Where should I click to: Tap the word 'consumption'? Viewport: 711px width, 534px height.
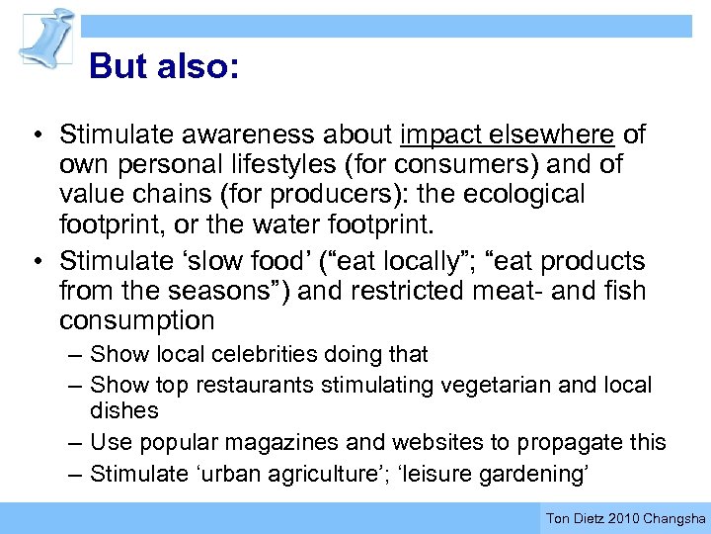(136, 321)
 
